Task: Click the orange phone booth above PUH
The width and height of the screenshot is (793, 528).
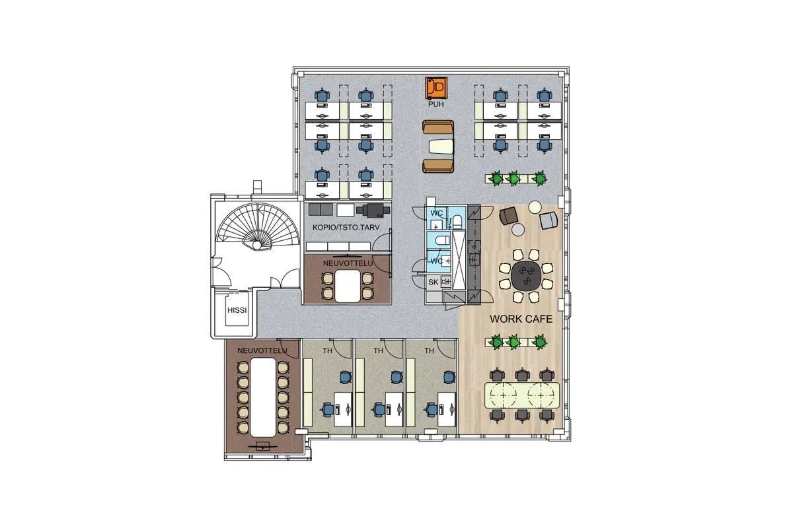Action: coord(436,88)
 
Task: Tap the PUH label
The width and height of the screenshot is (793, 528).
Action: coord(435,104)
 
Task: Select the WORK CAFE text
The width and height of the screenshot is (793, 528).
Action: coord(521,319)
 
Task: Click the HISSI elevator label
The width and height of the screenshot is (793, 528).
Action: coord(237,310)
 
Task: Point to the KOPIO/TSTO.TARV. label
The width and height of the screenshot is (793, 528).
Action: coord(347,228)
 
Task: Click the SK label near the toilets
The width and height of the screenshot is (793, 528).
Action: coord(434,282)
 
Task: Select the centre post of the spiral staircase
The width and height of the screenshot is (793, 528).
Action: coord(256,245)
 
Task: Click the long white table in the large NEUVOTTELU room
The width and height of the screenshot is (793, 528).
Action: coord(263,397)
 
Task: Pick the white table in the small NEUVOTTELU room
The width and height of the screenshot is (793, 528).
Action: coord(348,286)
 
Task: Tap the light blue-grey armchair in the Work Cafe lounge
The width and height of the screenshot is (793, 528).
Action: coord(548,220)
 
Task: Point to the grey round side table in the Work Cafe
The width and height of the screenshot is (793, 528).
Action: coord(518,230)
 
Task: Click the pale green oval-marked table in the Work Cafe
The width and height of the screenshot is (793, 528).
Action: coord(522,395)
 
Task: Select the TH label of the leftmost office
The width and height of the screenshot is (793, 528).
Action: coord(328,350)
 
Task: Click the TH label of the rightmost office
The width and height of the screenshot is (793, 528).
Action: coord(429,350)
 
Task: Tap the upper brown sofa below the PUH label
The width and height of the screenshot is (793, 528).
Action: coord(438,127)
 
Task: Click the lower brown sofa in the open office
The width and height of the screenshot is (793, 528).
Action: coord(438,166)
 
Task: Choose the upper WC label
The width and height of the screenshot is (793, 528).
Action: coord(437,213)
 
